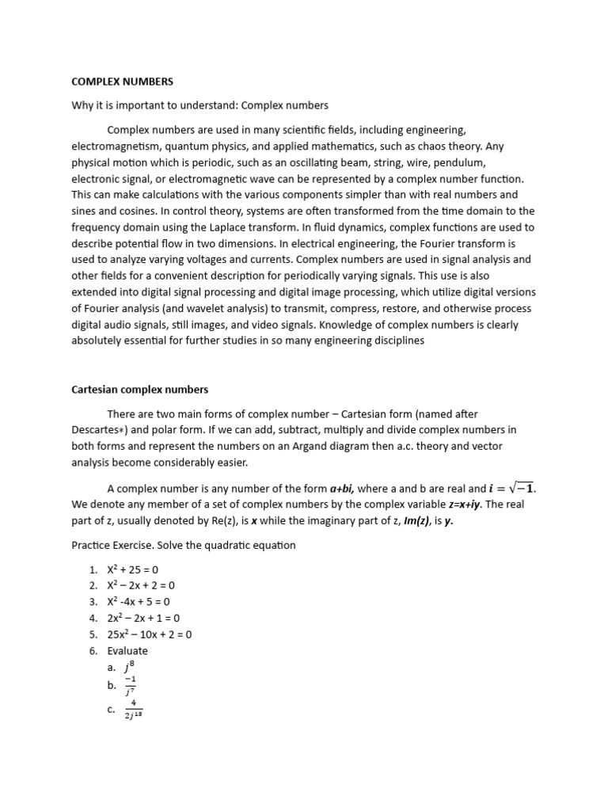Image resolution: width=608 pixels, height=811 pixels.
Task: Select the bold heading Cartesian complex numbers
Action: pos(139,390)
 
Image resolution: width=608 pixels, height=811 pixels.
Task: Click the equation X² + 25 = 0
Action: pos(138,569)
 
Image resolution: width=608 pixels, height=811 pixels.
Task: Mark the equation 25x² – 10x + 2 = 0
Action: pos(150,634)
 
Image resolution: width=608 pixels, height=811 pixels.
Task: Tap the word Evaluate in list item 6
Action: pos(127,651)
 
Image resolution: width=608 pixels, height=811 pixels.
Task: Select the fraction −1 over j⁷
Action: pos(131,686)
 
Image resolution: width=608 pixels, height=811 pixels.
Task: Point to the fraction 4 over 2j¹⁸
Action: pos(133,710)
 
